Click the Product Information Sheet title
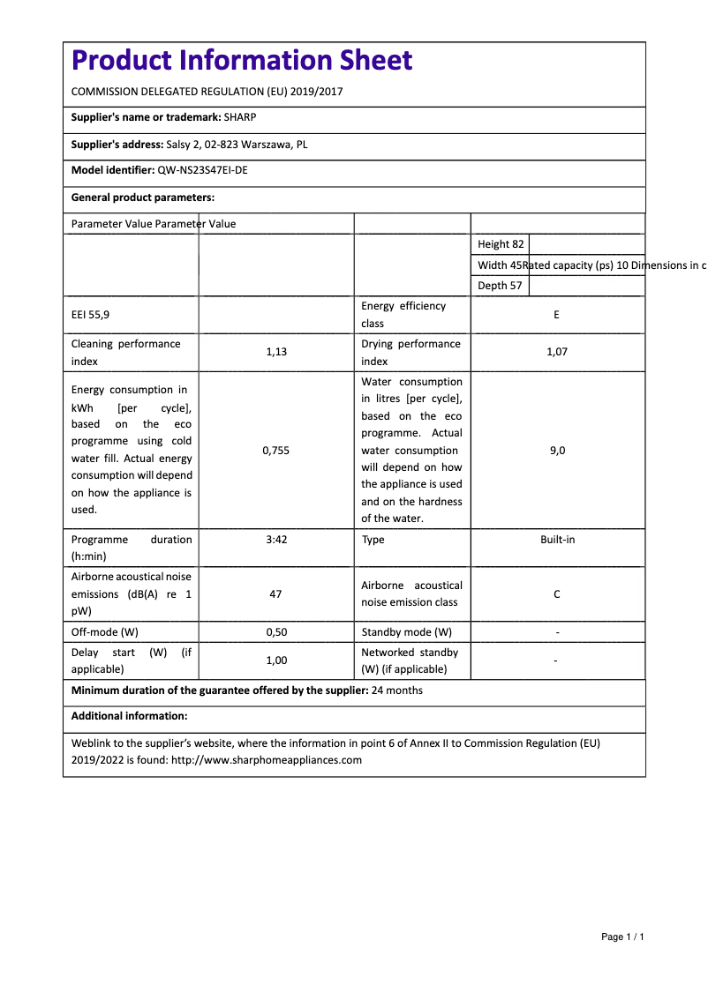[241, 60]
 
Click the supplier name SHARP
[240, 117]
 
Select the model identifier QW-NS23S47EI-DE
[202, 171]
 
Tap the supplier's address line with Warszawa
[237, 145]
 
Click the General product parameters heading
[143, 198]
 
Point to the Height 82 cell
[501, 244]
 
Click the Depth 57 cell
[500, 286]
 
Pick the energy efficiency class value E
[556, 315]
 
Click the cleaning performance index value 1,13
[276, 352]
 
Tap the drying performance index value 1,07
[556, 352]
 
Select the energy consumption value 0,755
[276, 451]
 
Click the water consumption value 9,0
[557, 451]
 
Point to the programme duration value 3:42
[276, 540]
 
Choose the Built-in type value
[557, 540]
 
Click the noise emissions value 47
[276, 594]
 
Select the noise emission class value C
[556, 594]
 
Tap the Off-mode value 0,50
[276, 632]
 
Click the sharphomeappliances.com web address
[267, 760]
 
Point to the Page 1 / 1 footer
[622, 937]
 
